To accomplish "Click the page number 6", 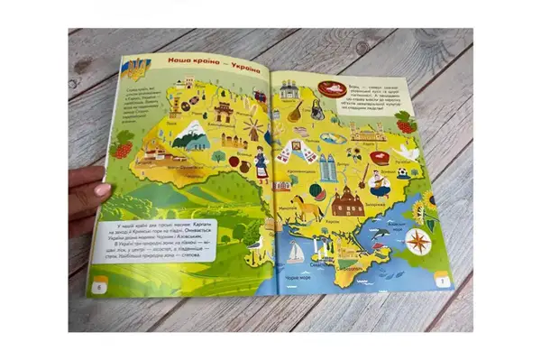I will coord(97,288).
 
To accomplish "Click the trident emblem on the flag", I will coord(138,69).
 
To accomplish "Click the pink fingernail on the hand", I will coord(101,189).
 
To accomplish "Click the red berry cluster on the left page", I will coord(125,143).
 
